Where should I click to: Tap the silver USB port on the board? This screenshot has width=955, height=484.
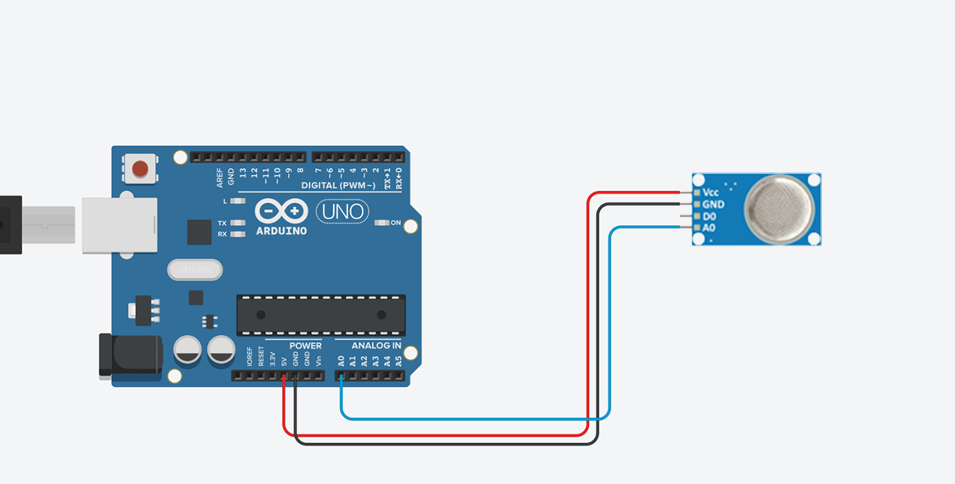point(119,225)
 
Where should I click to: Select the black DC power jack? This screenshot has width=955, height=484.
point(131,355)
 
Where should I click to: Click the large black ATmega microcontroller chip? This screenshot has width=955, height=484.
point(321,315)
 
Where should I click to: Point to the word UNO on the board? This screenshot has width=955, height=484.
point(343,212)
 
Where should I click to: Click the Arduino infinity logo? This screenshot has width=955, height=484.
point(281,211)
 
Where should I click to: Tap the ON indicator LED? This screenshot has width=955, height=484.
point(382,223)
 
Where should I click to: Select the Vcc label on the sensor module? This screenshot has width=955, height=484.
point(711,193)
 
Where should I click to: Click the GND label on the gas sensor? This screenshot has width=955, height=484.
point(713,204)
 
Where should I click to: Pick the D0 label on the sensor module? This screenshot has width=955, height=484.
point(709,216)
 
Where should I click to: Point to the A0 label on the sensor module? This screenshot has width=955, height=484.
point(709,227)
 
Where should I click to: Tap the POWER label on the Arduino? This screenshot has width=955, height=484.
point(305,346)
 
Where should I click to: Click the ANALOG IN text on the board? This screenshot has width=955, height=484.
point(376,346)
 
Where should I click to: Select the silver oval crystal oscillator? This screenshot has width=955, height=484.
point(196,269)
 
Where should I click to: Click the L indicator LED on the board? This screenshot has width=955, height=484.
point(238,201)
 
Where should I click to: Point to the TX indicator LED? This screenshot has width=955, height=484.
point(238,224)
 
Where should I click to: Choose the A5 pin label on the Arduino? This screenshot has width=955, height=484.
point(399,361)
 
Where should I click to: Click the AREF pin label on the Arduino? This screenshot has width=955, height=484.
point(220,177)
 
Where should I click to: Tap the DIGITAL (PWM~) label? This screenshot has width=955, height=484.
point(338,185)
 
